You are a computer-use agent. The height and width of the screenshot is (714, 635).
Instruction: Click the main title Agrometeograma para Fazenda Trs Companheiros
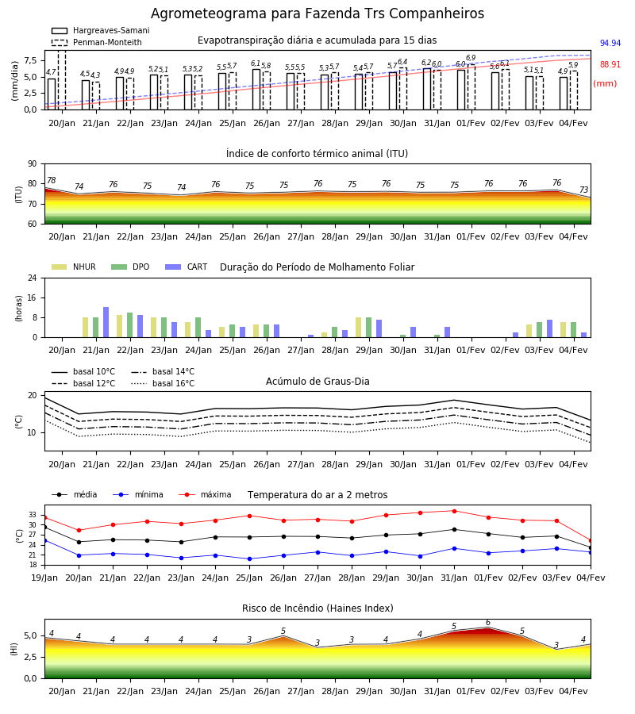click(317, 13)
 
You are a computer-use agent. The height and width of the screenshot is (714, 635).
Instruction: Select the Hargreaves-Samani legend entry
click(100, 30)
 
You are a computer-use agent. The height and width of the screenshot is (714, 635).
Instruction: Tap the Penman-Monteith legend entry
click(97, 42)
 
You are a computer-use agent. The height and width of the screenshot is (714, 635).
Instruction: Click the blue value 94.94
click(610, 44)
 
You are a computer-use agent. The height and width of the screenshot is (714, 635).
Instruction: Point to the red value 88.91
click(610, 65)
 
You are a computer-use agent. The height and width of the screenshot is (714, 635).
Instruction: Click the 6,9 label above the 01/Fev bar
click(471, 58)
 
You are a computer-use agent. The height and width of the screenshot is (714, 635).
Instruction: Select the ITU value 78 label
click(52, 180)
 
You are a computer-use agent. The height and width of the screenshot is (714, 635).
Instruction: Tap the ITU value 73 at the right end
click(584, 190)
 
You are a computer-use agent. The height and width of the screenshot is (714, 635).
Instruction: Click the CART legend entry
click(187, 267)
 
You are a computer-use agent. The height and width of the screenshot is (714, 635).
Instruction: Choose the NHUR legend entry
click(74, 267)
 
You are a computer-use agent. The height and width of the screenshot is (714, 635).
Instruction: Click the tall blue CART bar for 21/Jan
click(106, 322)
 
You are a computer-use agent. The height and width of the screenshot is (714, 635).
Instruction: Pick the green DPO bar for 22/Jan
click(130, 325)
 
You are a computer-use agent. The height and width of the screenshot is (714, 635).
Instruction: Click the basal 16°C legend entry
click(163, 383)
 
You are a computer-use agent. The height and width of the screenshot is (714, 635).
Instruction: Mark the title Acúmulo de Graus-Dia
click(317, 382)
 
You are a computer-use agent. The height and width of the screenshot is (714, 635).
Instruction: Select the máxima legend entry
click(205, 494)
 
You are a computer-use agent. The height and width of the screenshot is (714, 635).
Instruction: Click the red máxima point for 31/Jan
click(454, 511)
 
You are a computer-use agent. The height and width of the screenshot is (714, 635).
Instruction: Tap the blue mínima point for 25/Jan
click(249, 559)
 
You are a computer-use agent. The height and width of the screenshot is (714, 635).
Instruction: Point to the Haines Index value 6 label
click(488, 623)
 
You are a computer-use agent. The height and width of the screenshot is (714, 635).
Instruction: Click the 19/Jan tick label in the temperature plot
click(44, 578)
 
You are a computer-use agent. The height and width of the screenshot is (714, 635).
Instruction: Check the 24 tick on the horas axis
click(33, 278)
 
